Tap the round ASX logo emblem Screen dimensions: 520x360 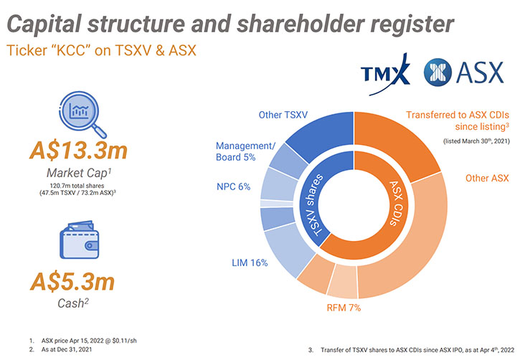click(x=438, y=72)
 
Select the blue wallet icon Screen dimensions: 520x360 click(x=80, y=240)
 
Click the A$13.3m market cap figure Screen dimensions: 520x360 click(x=79, y=150)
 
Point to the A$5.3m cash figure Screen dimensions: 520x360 click(x=72, y=282)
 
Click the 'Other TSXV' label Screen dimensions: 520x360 click(x=283, y=115)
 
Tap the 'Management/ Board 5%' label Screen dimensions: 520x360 click(x=245, y=151)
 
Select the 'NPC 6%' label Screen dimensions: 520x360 click(x=234, y=186)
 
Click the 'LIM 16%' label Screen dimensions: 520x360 click(x=250, y=263)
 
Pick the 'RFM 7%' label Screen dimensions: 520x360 click(x=344, y=308)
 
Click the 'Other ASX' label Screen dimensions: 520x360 click(x=487, y=179)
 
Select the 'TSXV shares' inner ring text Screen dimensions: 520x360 click(x=313, y=206)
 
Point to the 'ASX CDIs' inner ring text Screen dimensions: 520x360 click(x=397, y=203)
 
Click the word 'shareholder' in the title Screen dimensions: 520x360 click(x=301, y=24)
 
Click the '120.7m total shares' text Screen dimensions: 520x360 click(x=77, y=186)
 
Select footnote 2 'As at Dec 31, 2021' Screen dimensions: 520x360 click(x=67, y=349)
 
